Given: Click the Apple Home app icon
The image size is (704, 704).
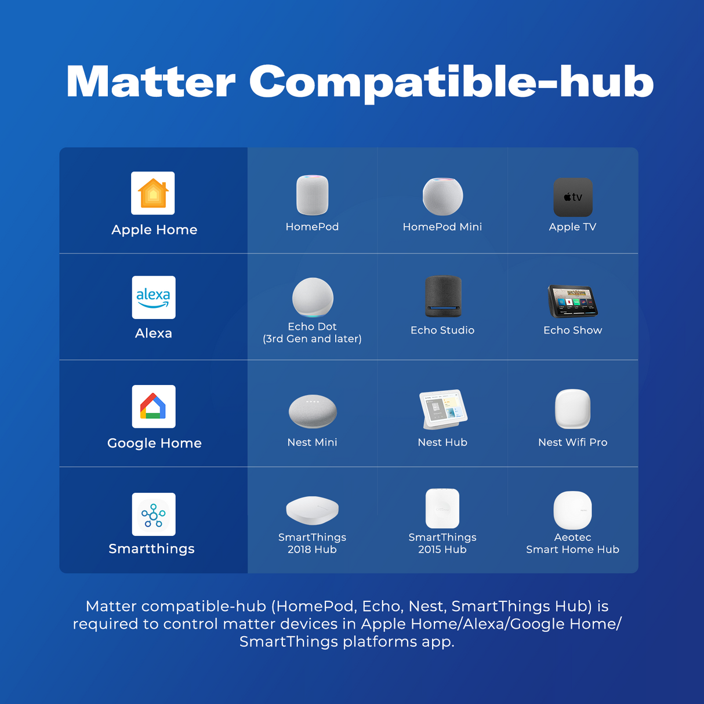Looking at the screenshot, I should (x=153, y=193).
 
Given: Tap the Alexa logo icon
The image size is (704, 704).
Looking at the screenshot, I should (x=154, y=297).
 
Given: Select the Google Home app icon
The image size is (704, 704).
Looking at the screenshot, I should (x=154, y=407).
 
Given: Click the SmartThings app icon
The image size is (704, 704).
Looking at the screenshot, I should (x=154, y=514).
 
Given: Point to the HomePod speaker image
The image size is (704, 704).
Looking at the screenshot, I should (x=312, y=195).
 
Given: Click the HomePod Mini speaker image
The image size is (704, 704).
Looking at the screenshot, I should (x=442, y=197).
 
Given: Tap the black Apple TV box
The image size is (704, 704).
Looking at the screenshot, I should (x=573, y=197).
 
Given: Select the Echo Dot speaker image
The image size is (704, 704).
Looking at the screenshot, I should (x=313, y=298).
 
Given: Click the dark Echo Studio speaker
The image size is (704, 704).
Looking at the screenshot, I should (x=443, y=296).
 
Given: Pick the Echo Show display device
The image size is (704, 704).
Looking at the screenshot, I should (x=572, y=302).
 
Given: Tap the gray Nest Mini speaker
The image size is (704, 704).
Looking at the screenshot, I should (x=313, y=411).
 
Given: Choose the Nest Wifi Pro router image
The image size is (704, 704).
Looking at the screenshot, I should (x=573, y=409).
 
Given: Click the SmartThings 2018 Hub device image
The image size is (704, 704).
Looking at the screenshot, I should (x=312, y=510).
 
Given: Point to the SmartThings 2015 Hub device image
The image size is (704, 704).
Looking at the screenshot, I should (x=442, y=509).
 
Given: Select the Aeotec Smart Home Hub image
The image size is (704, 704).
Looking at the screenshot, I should (x=573, y=510).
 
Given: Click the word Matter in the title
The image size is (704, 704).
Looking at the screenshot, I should (x=151, y=82).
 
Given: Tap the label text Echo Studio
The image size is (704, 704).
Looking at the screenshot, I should (x=442, y=330).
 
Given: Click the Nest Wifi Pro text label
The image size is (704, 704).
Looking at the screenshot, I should (x=573, y=442).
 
